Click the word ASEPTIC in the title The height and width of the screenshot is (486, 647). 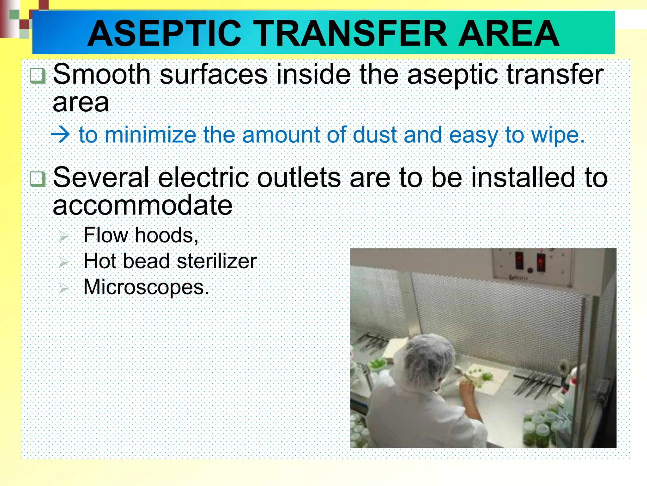click(x=164, y=34)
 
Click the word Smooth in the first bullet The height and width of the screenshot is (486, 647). click(x=102, y=75)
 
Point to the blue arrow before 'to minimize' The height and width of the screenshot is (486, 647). click(x=60, y=135)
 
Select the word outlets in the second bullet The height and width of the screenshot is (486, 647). click(x=299, y=178)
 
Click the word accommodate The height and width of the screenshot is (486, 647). click(x=142, y=206)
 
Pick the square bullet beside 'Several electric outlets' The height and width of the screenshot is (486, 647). click(x=38, y=179)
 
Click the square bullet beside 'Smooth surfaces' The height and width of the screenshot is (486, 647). click(x=38, y=76)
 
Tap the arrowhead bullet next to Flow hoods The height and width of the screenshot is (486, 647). click(x=63, y=236)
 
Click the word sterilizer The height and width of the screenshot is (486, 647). click(x=216, y=261)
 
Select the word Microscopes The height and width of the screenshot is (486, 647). click(x=146, y=287)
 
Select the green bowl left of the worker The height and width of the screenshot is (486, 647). click(x=378, y=364)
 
